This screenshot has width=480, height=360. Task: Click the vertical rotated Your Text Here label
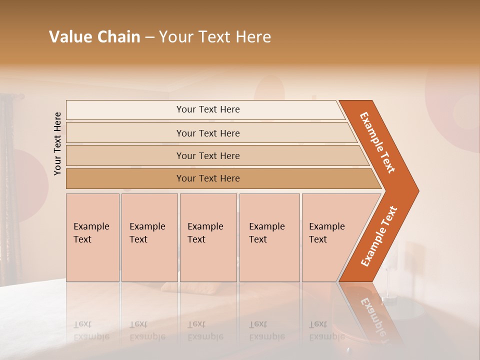[x=57, y=144]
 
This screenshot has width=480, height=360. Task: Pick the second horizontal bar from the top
[x=208, y=133]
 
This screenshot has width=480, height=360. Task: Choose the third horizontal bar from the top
[x=208, y=156]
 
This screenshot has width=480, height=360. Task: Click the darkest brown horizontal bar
[x=208, y=178]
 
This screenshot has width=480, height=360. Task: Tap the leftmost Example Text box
[x=92, y=237]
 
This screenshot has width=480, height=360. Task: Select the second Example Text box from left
[x=149, y=237]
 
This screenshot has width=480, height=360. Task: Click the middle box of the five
[x=208, y=237]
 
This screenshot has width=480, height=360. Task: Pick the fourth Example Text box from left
[x=269, y=237]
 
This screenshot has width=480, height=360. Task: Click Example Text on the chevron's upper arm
[x=377, y=142]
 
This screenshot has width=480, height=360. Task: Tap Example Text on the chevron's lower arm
[x=379, y=236]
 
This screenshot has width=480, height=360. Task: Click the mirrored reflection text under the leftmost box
[x=91, y=330]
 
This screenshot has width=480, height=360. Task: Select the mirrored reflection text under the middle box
[x=205, y=330]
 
